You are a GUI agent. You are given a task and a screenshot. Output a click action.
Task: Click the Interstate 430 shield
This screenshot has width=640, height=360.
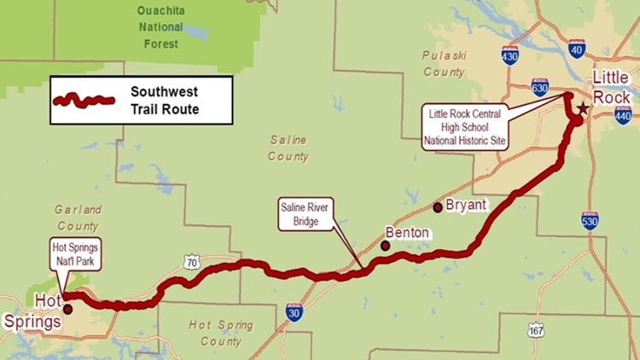click(x=510, y=56)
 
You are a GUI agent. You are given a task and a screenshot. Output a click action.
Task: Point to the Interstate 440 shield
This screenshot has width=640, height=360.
click(x=622, y=115)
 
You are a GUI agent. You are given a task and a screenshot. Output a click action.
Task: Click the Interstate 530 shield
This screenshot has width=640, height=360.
click(x=589, y=220)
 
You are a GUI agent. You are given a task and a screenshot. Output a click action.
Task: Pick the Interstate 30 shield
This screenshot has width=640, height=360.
click(x=294, y=311)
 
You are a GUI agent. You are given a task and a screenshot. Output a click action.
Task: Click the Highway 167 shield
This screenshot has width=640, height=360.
click(x=535, y=330)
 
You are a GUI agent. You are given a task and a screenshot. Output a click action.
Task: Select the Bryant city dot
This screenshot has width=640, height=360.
click(x=438, y=206)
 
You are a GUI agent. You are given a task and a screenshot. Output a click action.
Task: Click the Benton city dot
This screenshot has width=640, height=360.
click(x=386, y=246)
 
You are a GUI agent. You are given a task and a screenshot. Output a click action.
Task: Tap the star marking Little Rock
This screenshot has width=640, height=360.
click(x=583, y=109)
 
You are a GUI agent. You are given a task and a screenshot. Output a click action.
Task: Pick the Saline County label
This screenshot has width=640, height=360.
click(x=288, y=148)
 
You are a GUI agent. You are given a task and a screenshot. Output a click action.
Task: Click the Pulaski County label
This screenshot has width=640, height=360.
click(x=444, y=63)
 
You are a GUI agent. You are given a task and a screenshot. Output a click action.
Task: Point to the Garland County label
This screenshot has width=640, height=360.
click(x=78, y=218)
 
